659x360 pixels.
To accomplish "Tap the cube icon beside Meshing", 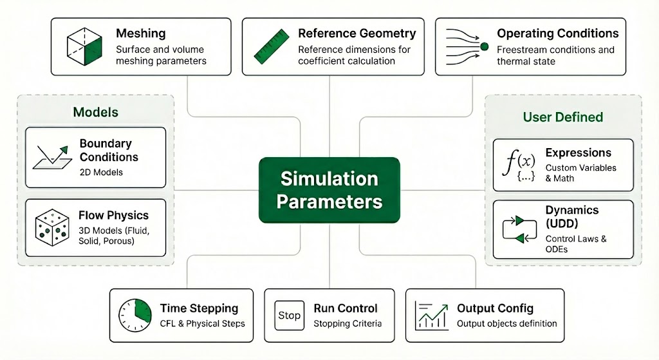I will [x=84, y=46].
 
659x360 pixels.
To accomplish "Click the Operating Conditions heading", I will [x=557, y=33].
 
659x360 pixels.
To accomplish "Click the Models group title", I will [x=95, y=112].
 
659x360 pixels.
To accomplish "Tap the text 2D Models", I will [x=101, y=172].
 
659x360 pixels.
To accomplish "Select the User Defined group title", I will [x=562, y=117].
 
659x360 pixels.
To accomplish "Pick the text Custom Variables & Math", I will [x=580, y=173].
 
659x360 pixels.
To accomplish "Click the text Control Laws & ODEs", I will [x=576, y=243].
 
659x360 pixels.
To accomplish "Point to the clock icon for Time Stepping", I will [x=135, y=315].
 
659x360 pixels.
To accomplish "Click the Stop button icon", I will [x=289, y=316].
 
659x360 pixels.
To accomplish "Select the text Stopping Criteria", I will [x=348, y=323].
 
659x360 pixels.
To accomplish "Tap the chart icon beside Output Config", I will [x=432, y=315].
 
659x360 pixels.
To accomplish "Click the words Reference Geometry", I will [x=357, y=33].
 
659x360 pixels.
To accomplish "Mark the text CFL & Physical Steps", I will [x=203, y=323].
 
